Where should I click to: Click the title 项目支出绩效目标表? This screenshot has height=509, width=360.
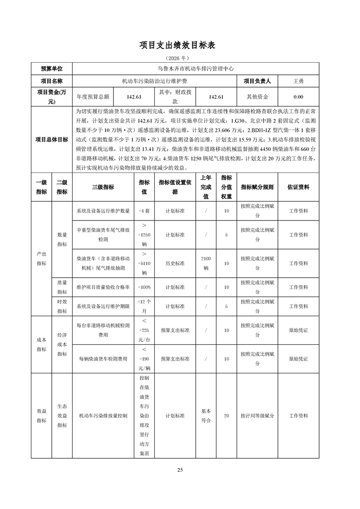coord(180,45)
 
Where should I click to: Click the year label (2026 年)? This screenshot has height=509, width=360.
coord(180,59)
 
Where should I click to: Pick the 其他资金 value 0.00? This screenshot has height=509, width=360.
coord(298,97)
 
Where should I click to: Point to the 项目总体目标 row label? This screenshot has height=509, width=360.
coord(52,139)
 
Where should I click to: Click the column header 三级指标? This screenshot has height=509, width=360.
coord(103,187)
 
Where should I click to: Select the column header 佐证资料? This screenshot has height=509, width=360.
coord(298,187)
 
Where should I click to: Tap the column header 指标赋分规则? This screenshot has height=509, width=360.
coord(257,187)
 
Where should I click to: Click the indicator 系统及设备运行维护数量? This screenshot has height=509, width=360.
coord(103,211)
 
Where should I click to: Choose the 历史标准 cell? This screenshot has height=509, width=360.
coord(175,264)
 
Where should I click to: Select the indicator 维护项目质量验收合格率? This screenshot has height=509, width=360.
coord(103,287)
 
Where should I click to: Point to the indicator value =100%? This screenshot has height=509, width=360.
coord(144,287)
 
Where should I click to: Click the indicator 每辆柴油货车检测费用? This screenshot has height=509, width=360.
coord(103,359)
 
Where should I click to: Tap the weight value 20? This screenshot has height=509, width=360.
coord(226,416)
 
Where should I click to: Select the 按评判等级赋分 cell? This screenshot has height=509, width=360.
coord(257,416)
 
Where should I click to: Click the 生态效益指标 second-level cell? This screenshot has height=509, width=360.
coord(62,416)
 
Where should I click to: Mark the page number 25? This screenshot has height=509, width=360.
coord(180,470)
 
